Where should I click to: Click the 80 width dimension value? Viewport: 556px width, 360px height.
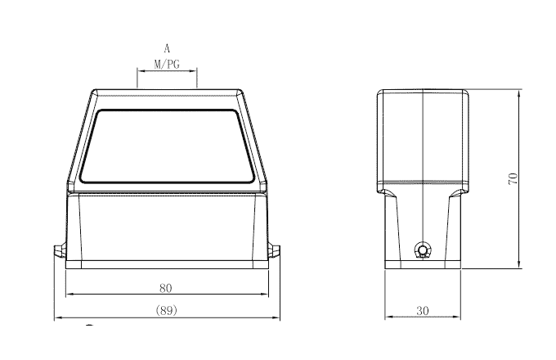[x=166, y=287]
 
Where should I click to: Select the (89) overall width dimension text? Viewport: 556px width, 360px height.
[x=166, y=310]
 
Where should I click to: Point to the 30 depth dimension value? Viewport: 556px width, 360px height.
[x=422, y=310]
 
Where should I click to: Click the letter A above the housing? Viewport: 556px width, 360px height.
[x=167, y=49]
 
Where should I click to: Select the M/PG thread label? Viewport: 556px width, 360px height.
[x=167, y=63]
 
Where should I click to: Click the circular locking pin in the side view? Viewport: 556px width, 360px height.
[x=422, y=250]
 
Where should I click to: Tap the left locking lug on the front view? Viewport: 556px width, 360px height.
[x=59, y=250]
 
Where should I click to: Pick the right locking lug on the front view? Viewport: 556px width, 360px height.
[x=275, y=250]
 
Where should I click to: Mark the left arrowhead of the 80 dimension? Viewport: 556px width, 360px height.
[x=68, y=295]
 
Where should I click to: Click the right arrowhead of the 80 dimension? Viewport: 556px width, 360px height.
[x=266, y=295]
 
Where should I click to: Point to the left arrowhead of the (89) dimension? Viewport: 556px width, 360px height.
[x=56, y=317]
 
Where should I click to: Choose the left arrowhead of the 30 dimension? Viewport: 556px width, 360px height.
[x=388, y=317]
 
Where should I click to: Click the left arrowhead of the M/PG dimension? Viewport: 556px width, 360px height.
[x=138, y=71]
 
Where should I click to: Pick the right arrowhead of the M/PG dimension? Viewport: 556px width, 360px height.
[x=195, y=71]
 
